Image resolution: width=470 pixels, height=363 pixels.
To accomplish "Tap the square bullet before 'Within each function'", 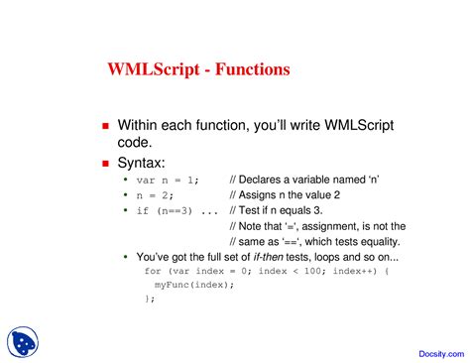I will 106,127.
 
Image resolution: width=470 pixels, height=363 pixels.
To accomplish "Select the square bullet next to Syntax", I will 106,162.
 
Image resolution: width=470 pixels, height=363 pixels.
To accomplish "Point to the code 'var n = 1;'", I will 168,180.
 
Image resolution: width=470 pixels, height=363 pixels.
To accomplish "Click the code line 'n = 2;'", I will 153,195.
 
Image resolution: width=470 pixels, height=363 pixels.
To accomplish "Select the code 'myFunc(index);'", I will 194,284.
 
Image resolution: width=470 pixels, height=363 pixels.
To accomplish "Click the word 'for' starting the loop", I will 153,271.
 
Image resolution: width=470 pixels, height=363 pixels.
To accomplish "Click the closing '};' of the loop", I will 150,298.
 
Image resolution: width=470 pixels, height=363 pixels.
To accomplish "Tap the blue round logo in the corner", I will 22,341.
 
